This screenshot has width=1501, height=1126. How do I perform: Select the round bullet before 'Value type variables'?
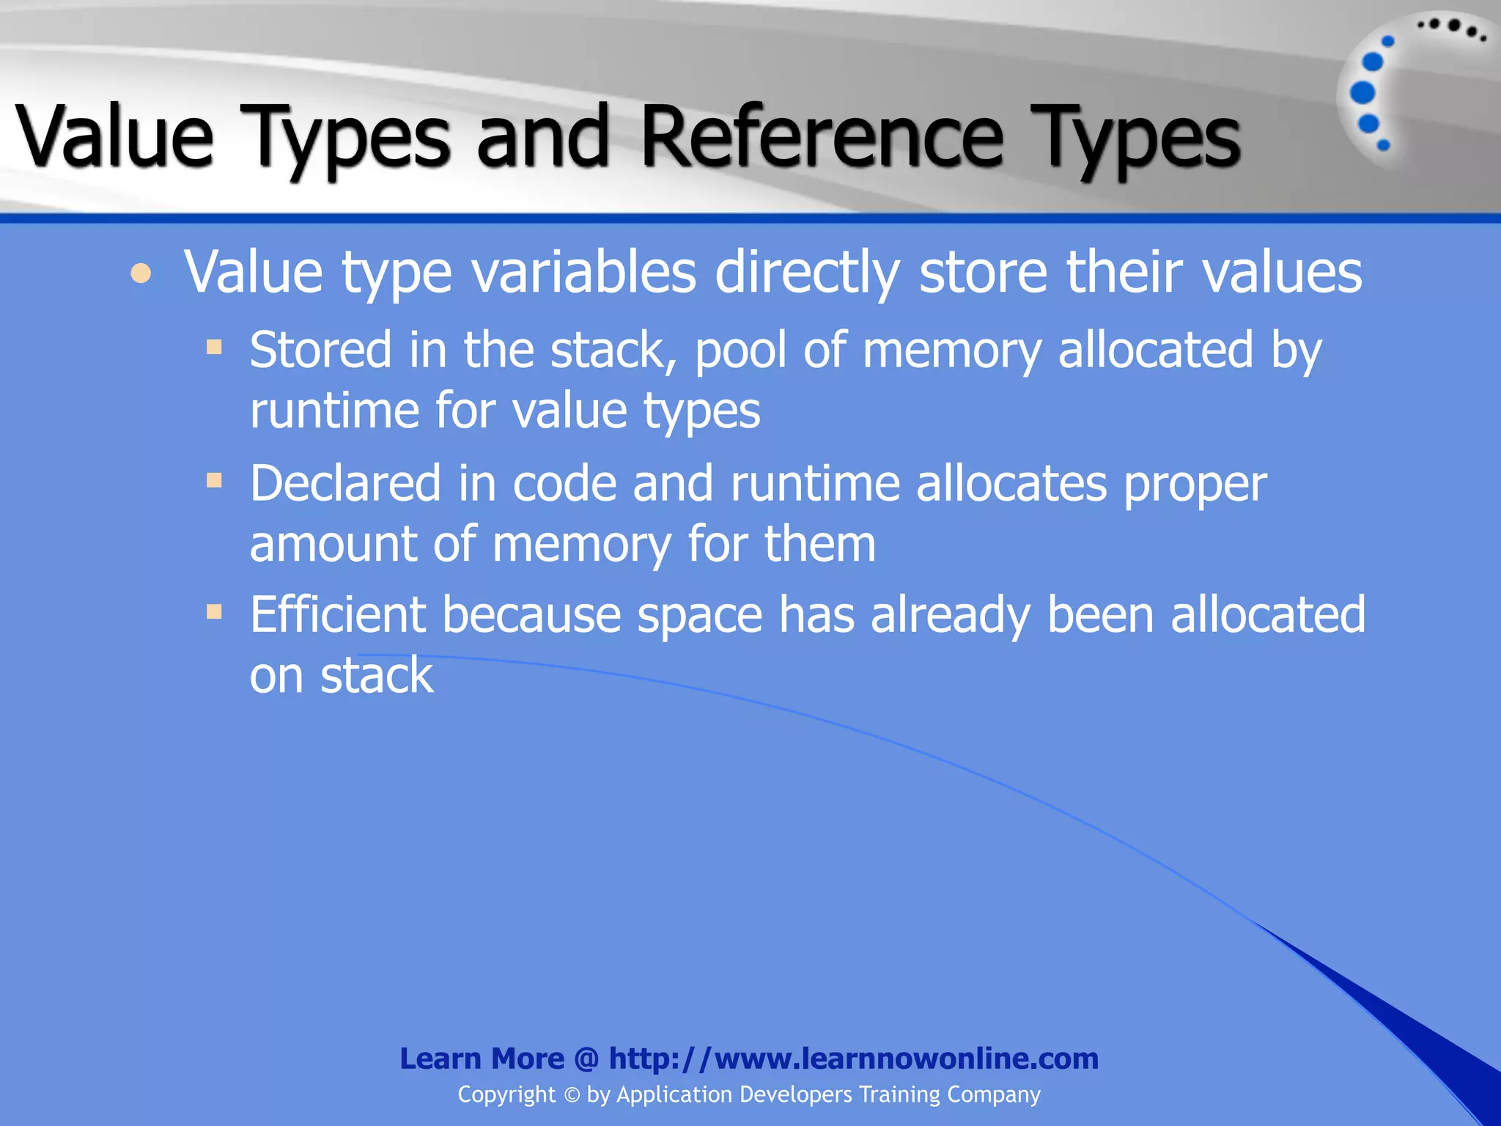click(x=141, y=274)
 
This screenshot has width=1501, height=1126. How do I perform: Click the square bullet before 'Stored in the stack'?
click(x=214, y=346)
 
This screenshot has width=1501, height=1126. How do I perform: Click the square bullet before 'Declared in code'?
click(x=214, y=480)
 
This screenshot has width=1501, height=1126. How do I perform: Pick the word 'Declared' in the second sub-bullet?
click(x=345, y=484)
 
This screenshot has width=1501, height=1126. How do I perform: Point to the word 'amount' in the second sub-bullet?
click(x=333, y=544)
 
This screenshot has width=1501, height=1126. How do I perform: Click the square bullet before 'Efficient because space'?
click(x=214, y=611)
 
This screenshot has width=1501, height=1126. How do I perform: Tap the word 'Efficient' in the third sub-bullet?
click(x=337, y=614)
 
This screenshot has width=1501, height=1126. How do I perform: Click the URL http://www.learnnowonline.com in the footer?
click(x=854, y=1059)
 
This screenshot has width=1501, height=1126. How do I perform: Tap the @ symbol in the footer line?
click(x=586, y=1059)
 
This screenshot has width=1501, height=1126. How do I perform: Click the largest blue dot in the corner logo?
click(x=1362, y=92)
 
